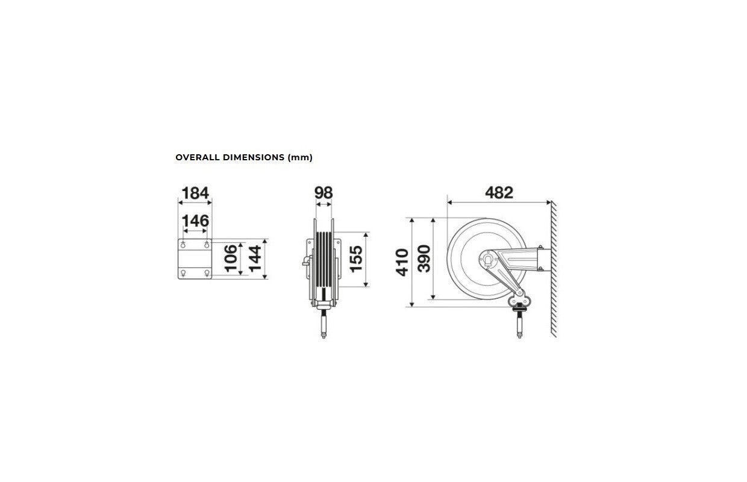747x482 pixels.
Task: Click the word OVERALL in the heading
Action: [197, 157]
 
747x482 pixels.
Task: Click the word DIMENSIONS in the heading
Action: [254, 157]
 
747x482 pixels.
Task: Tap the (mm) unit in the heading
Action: [300, 157]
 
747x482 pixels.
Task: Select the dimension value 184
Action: [195, 193]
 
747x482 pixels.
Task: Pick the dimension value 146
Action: [195, 221]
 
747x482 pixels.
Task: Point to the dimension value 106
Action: [231, 258]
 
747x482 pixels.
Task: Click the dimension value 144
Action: [255, 258]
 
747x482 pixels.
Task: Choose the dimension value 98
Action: [323, 193]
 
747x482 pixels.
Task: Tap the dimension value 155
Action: [356, 259]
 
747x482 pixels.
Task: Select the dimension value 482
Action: [499, 193]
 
